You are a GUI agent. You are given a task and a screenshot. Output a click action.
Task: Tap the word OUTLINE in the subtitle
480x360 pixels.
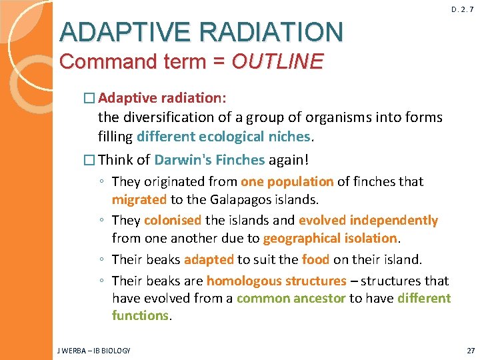[x=277, y=62]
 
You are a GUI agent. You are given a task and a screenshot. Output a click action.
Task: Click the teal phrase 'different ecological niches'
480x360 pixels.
[x=223, y=137]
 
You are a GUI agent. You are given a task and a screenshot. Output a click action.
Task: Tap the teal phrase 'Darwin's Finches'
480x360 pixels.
[x=209, y=161]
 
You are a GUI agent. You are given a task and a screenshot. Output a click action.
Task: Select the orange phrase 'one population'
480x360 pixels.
[x=287, y=181]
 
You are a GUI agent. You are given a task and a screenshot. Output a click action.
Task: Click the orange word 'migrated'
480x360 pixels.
[x=139, y=199]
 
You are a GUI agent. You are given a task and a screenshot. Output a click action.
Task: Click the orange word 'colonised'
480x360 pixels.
[x=172, y=220]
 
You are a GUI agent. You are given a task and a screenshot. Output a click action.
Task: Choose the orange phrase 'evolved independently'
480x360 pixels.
[x=368, y=220]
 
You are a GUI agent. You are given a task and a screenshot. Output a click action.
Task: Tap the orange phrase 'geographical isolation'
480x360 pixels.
[x=330, y=238]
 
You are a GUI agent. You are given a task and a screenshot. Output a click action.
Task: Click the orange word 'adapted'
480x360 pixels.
[x=209, y=259]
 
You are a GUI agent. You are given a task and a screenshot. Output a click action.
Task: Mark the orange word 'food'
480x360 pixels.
[x=315, y=259]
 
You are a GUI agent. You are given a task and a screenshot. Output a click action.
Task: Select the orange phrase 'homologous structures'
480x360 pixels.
[x=276, y=281]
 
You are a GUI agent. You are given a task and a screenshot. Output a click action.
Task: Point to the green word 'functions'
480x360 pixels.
[x=140, y=315]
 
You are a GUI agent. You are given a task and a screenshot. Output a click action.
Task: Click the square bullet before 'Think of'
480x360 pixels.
[x=90, y=161]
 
